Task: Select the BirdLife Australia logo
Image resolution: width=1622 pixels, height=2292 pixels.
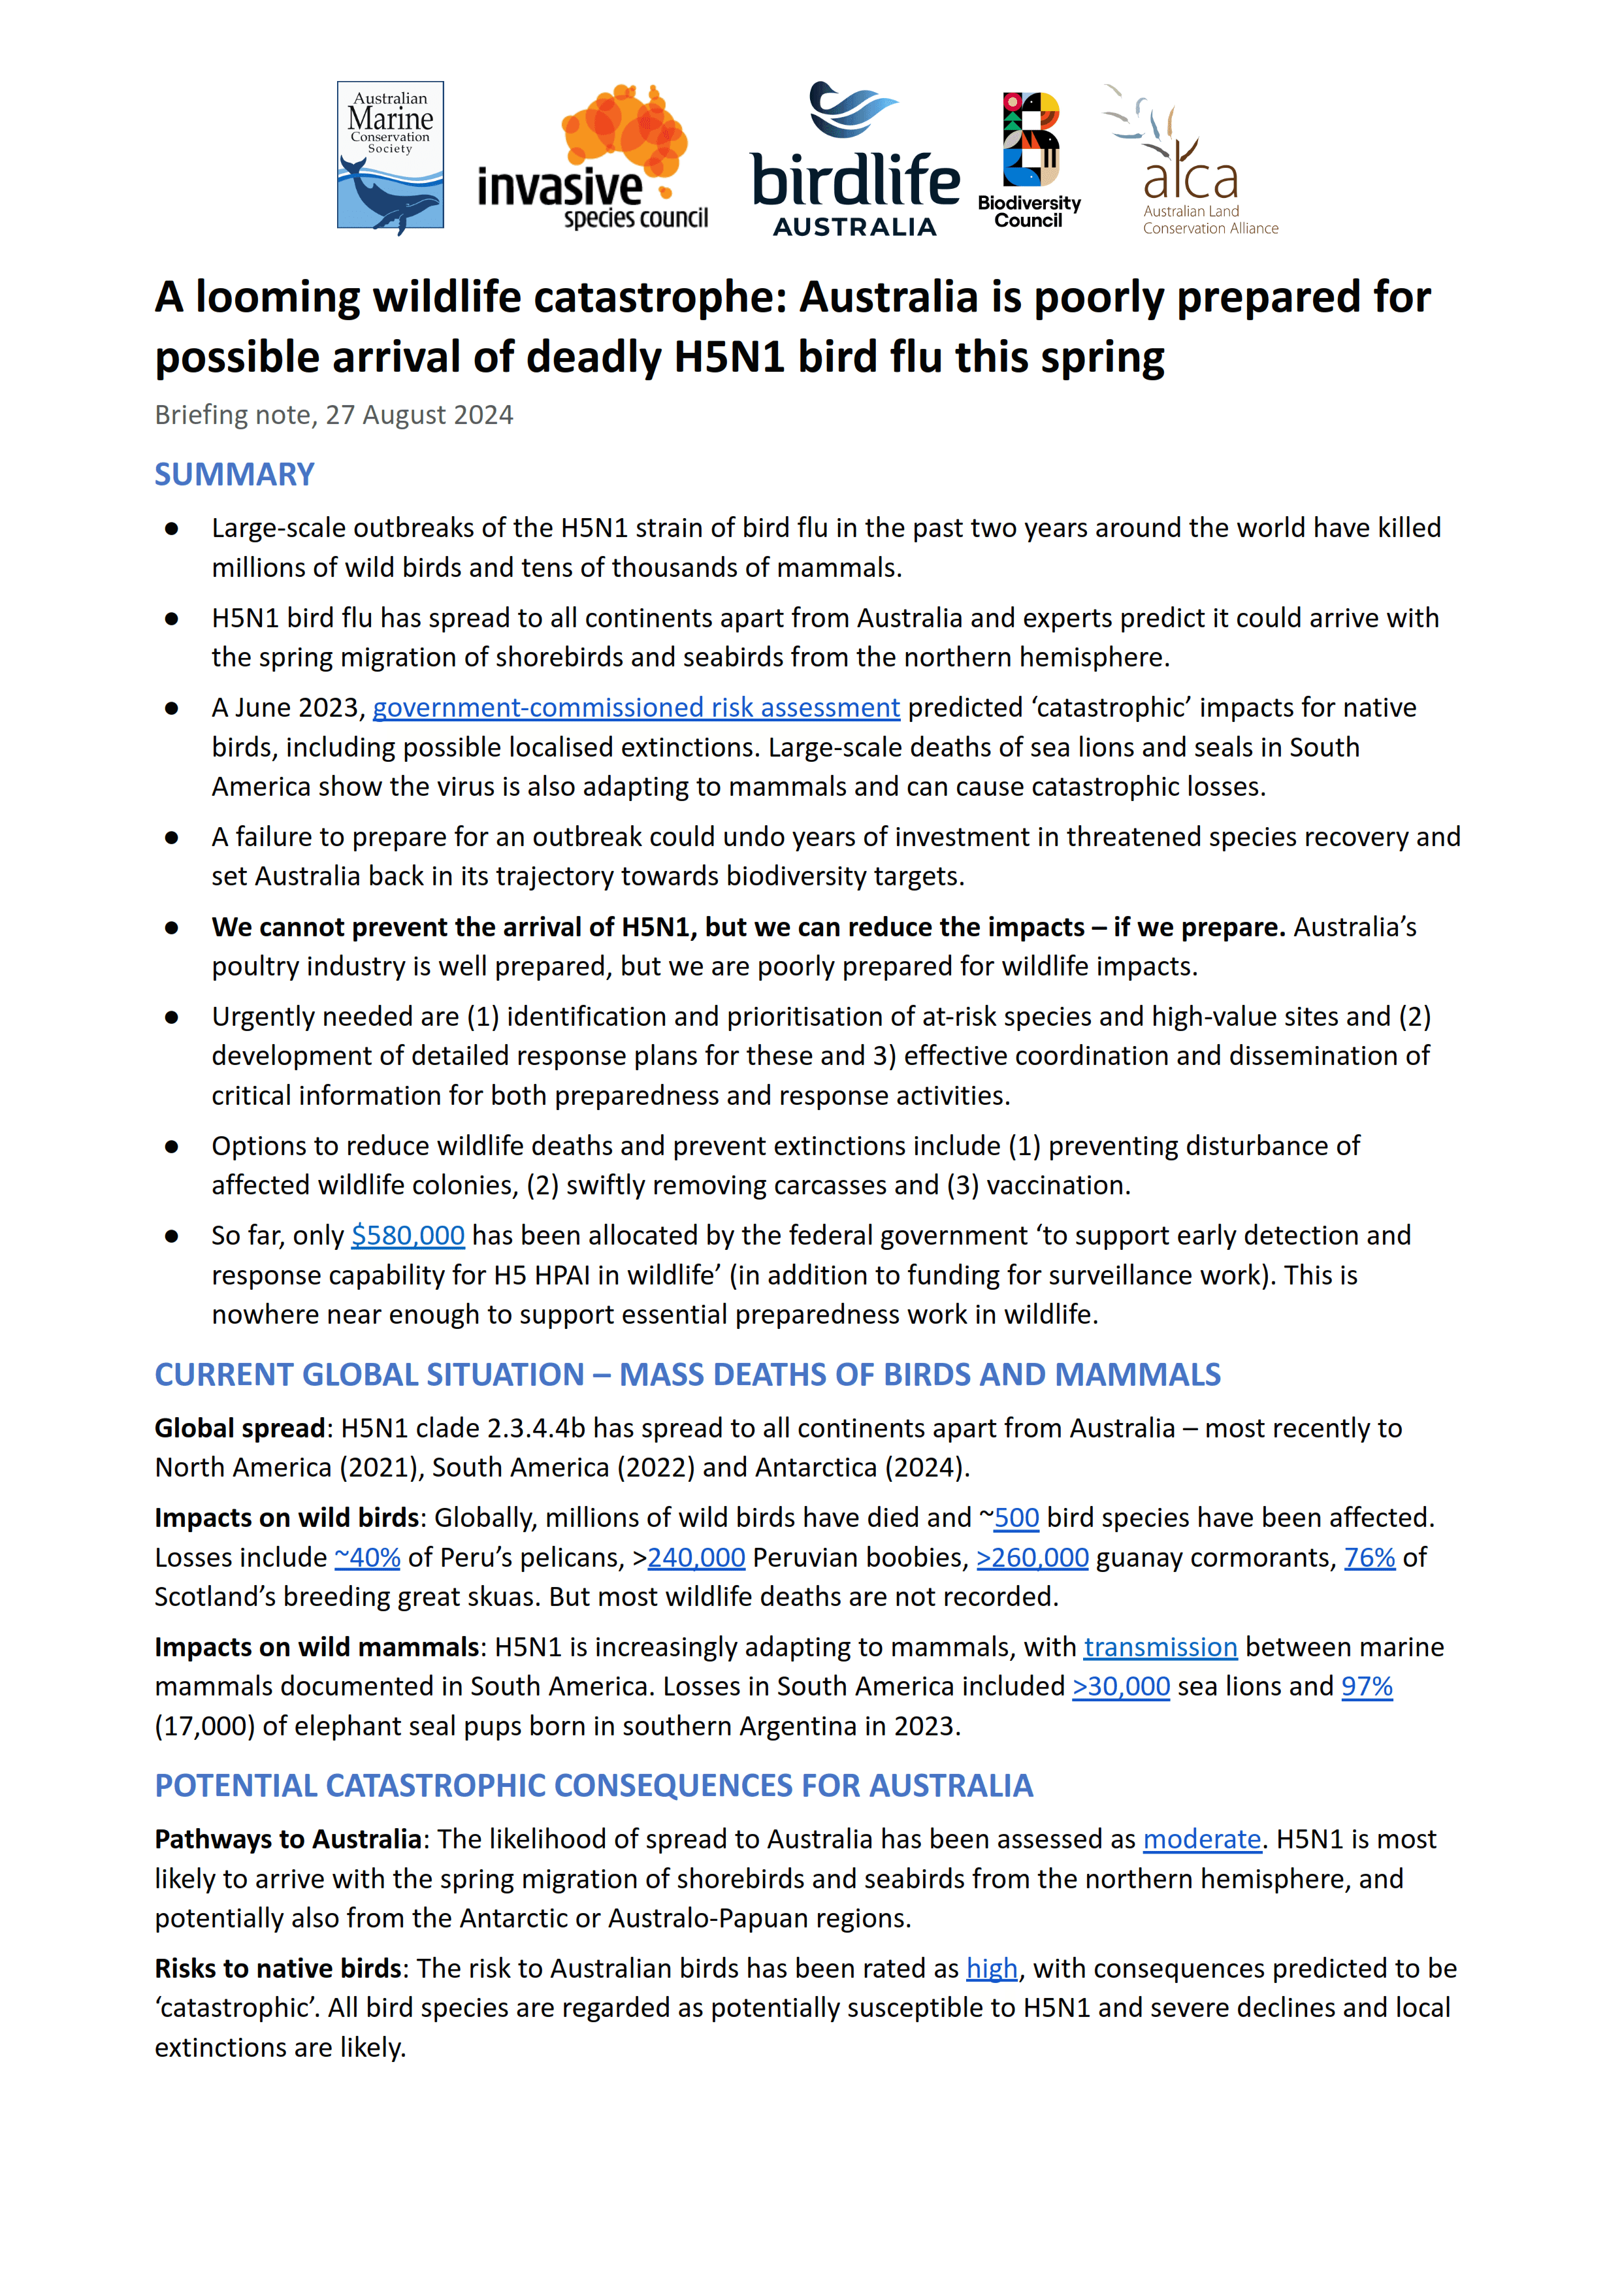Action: pos(855,160)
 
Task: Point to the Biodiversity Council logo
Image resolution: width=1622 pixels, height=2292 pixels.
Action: pos(1029,160)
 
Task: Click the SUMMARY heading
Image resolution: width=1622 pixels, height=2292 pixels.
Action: pos(234,474)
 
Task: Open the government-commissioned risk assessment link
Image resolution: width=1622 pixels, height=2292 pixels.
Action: pos(636,708)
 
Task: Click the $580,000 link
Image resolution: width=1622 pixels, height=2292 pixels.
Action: pos(408,1236)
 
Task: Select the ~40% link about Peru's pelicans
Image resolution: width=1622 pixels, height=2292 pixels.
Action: pos(368,1558)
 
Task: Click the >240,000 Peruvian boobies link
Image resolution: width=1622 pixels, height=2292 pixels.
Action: pos(696,1558)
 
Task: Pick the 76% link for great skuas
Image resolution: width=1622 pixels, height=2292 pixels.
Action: pos(1369,1558)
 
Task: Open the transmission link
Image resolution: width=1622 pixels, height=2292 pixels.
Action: pos(1161,1647)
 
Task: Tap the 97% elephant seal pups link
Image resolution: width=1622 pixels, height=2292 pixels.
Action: pos(1367,1687)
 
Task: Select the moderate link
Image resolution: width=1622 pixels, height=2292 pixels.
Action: pos(1203,1840)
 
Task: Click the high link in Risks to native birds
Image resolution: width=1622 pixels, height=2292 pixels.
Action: pos(992,1969)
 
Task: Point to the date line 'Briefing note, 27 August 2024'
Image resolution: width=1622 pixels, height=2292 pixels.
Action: pos(334,416)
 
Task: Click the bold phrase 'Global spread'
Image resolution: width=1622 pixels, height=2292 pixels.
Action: pos(240,1428)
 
